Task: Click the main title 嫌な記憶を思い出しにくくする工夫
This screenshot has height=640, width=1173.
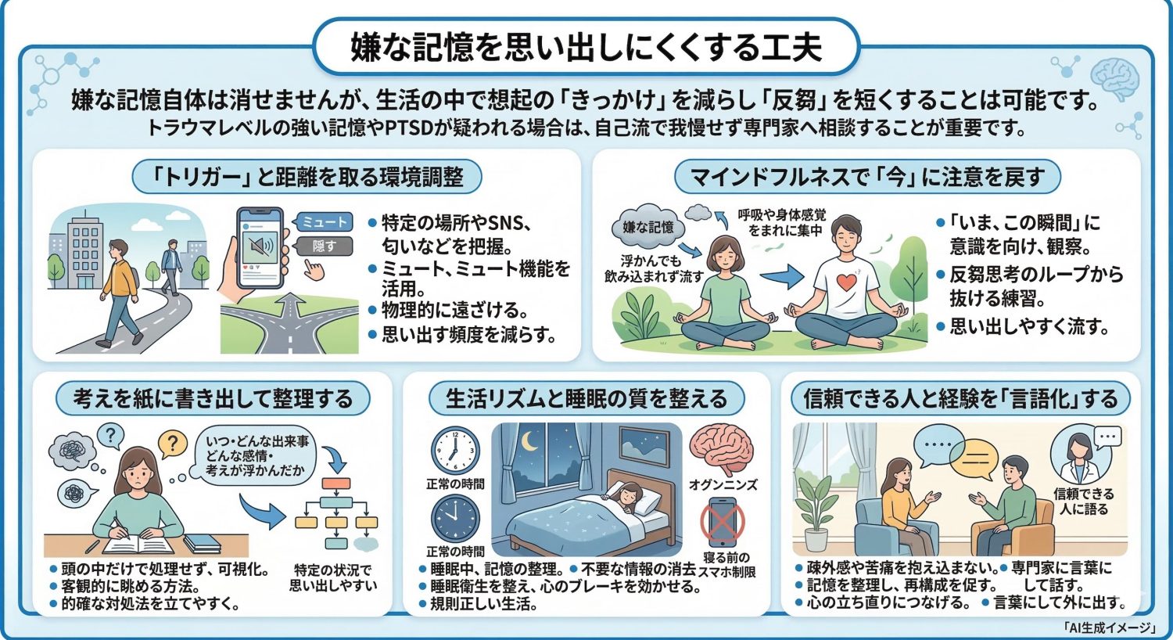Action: pos(586,46)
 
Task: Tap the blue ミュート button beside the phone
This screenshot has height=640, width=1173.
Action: pos(324,222)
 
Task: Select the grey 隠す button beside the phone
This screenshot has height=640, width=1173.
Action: pos(324,246)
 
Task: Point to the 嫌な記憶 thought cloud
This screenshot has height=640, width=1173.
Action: pos(647,227)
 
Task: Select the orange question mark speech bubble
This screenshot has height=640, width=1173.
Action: pos(172,445)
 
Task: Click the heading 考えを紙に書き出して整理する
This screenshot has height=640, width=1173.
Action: pos(213,399)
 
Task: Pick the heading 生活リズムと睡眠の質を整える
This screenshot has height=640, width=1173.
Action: pos(586,399)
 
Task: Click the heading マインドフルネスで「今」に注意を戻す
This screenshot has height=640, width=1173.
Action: pos(866,178)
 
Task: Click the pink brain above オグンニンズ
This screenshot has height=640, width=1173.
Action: pos(722,448)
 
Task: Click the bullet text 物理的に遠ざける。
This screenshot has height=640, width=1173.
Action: pos(454,310)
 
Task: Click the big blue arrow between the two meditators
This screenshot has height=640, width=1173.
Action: pos(781,276)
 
